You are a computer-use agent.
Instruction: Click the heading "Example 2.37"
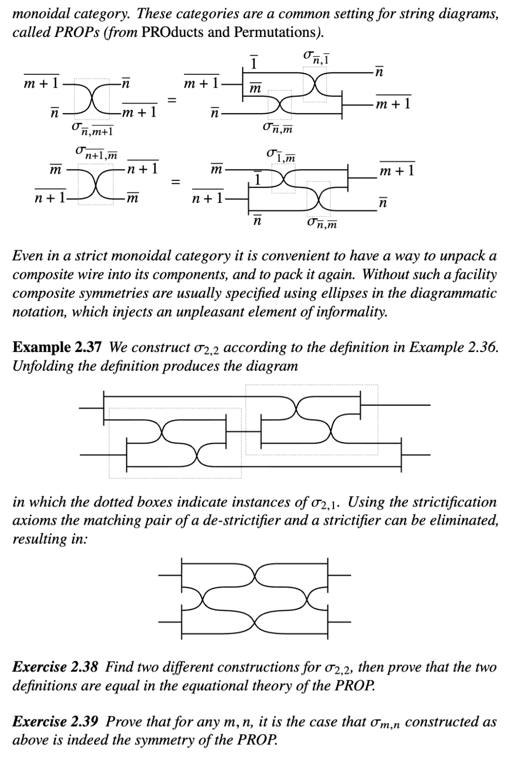[x=57, y=347]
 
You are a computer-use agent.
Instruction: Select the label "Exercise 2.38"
[x=56, y=667]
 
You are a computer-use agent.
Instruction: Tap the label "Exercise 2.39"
[x=56, y=722]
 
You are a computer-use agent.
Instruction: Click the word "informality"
[x=344, y=312]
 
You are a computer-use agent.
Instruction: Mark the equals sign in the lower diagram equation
[x=176, y=181]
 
